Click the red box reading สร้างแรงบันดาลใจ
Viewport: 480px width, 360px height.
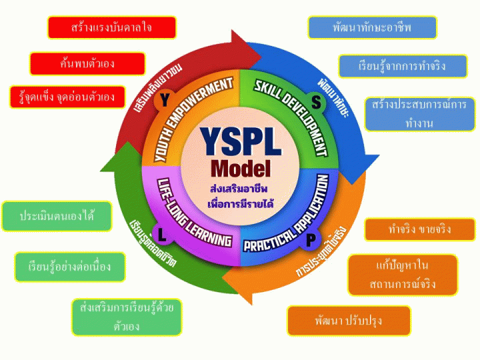111,27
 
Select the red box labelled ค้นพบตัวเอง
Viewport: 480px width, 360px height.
87,63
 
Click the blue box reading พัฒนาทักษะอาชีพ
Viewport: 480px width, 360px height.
372,27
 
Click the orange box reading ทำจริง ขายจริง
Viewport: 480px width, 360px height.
419,229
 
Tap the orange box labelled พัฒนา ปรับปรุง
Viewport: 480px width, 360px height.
349,321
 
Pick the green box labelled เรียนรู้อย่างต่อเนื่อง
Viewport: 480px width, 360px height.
70,267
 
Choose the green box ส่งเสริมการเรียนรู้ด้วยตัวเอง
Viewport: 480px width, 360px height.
126,317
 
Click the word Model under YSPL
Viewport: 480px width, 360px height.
240,167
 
